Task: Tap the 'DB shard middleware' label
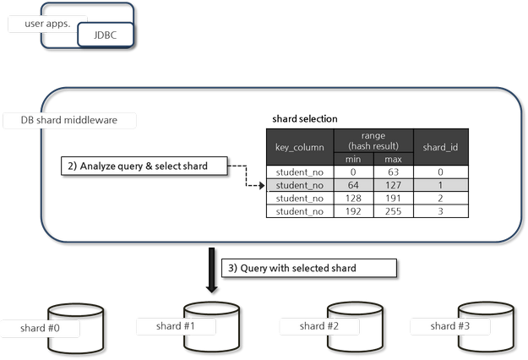point(68,120)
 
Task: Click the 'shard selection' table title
point(304,118)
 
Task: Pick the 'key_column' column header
point(300,147)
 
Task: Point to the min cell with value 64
point(353,184)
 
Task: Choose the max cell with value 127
point(393,184)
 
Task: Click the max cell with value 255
point(393,211)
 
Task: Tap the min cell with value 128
point(353,198)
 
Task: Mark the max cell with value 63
point(393,172)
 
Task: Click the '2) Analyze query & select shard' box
point(145,166)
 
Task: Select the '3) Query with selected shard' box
point(308,268)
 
